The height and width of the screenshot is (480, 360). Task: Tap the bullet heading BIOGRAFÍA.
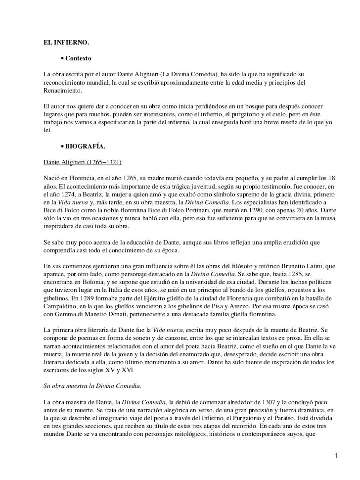[x=82, y=147]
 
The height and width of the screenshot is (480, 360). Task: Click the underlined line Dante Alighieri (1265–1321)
[x=83, y=162]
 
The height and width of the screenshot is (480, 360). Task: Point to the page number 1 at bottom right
[x=337, y=469]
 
